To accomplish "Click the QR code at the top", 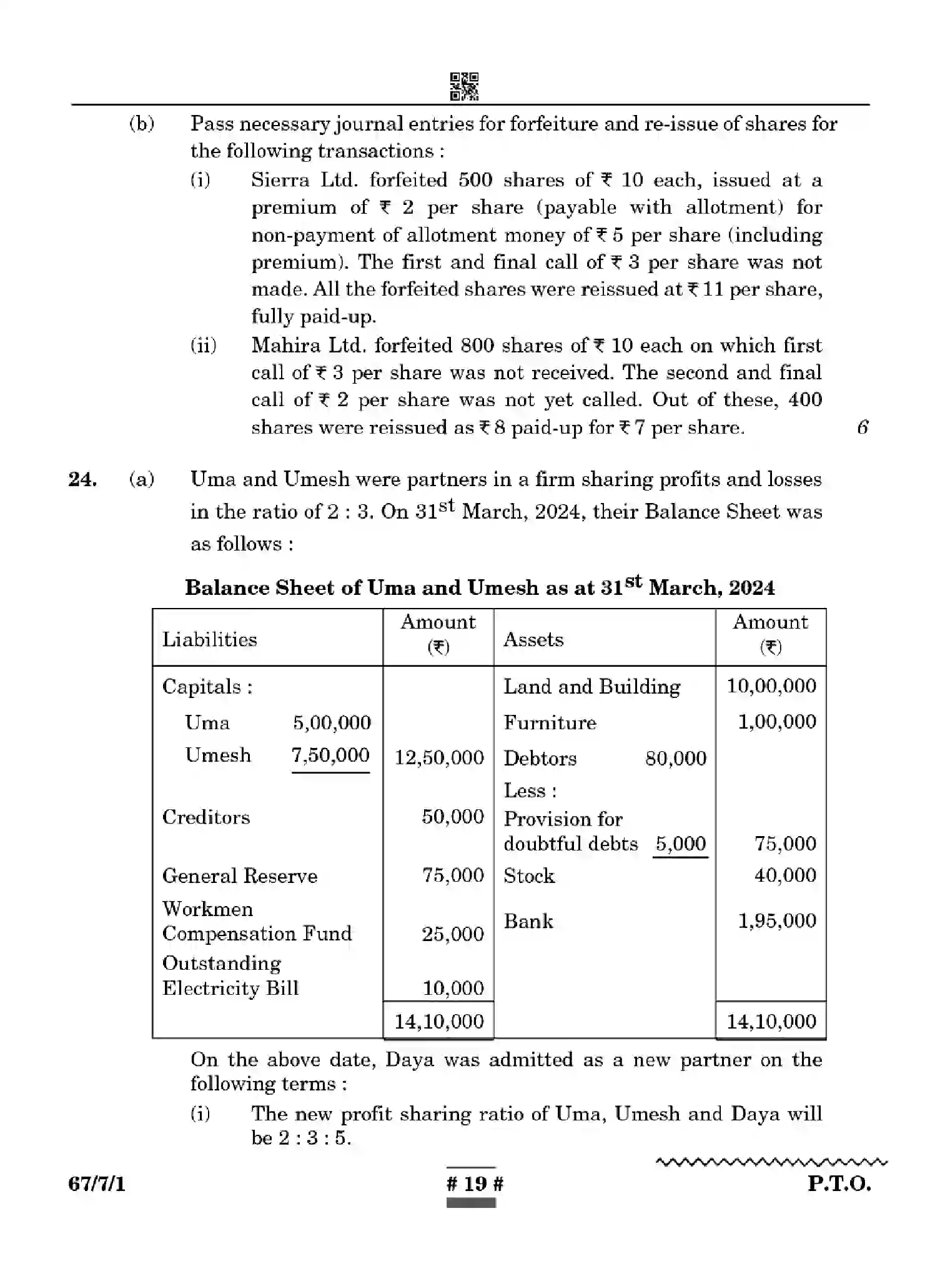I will click(464, 86).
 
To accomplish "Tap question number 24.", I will click(82, 479).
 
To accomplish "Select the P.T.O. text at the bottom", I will click(839, 1184).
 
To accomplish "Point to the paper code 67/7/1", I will click(97, 1184).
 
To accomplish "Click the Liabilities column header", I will click(210, 639).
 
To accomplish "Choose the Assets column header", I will click(533, 639).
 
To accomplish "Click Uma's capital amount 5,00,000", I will click(332, 723).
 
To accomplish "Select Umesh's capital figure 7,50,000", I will click(330, 755).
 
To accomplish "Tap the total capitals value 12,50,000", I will click(439, 757).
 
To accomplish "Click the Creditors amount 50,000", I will click(453, 816).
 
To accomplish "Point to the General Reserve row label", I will click(240, 875).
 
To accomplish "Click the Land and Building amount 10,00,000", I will click(771, 685).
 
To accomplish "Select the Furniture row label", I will click(550, 722).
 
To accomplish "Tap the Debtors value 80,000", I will click(676, 758).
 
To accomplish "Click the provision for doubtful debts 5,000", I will click(680, 844).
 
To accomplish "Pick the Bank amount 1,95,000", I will click(777, 920).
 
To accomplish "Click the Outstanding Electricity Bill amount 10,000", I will click(453, 988).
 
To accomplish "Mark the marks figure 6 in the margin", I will click(863, 427).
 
